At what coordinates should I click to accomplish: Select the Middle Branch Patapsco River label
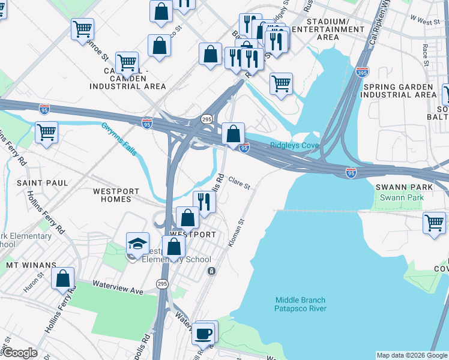(300, 304)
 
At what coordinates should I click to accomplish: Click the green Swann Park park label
(402, 197)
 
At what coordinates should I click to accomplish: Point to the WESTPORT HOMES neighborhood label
(116, 196)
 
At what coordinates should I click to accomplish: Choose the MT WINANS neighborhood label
(31, 264)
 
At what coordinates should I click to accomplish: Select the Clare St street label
(238, 185)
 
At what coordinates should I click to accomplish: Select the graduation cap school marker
(137, 244)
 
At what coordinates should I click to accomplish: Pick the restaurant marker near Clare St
(204, 202)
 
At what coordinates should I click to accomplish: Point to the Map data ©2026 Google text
(411, 355)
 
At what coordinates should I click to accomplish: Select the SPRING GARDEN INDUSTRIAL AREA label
(399, 91)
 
